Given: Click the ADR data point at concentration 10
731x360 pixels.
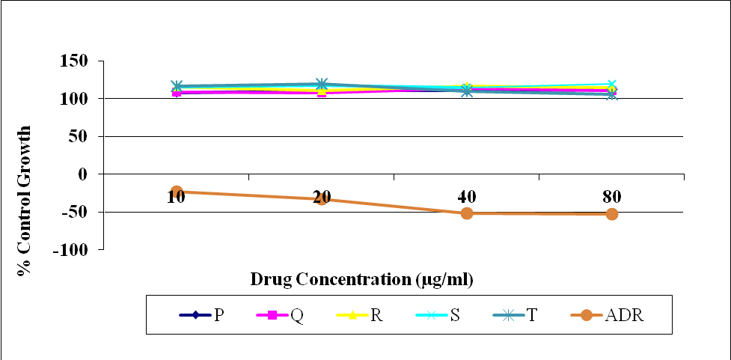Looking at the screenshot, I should tap(177, 192).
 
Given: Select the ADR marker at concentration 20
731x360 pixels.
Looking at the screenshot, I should tap(322, 199).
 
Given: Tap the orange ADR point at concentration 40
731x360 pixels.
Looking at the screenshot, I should tap(467, 213).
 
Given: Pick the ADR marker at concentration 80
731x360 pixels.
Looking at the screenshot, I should tap(612, 214).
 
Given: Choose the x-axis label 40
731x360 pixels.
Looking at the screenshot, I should tap(467, 198).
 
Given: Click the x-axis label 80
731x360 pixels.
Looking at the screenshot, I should tap(612, 198).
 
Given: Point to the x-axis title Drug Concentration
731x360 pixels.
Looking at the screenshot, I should tap(362, 279).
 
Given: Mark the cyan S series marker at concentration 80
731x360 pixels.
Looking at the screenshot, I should tap(612, 85).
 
